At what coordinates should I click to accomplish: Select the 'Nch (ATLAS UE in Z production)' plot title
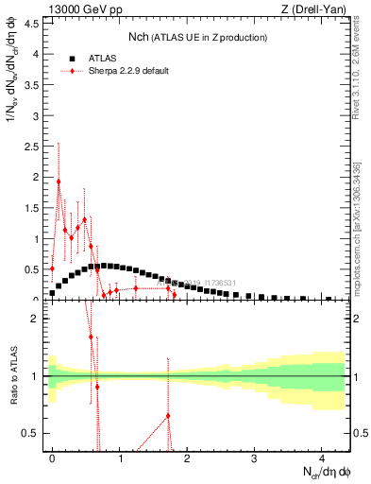tap(197, 37)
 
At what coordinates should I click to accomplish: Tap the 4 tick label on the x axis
tap(322, 459)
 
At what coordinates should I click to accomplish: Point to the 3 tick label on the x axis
tap(255, 459)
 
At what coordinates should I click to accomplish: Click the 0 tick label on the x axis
tap(52, 459)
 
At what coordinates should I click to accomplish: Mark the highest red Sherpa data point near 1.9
tap(59, 181)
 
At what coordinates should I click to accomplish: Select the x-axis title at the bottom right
tap(325, 474)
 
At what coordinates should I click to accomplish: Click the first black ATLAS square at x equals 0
tap(52, 293)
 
